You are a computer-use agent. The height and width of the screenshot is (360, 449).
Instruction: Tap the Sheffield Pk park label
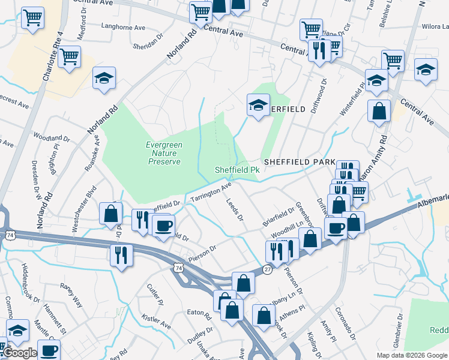coord(237,170)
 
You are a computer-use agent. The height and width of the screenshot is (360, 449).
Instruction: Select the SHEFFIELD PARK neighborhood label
coord(299,162)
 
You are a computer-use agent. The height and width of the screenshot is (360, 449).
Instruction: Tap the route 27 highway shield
coord(267,270)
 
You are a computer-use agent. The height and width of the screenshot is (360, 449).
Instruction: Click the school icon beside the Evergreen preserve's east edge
coord(258,106)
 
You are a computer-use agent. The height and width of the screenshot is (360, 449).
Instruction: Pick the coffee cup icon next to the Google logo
coord(49,349)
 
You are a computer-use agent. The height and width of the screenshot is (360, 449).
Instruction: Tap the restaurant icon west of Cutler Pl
coord(121,254)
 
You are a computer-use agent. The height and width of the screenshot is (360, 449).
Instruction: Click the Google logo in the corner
coord(19,353)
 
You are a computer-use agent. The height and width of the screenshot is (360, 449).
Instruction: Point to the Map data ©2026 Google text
coord(412,355)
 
